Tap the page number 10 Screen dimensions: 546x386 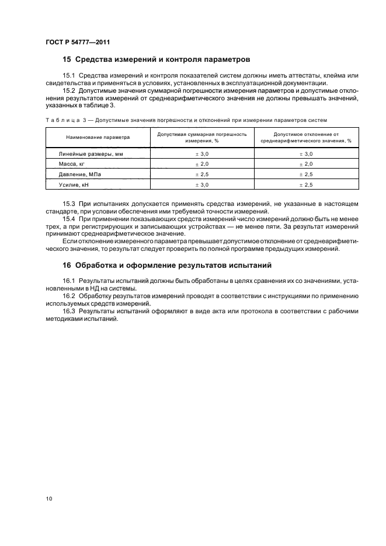(x=49, y=499)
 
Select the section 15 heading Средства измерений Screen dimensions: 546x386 (x=156, y=60)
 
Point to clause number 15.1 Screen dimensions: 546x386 (x=69, y=76)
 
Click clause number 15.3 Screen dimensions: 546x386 (x=69, y=204)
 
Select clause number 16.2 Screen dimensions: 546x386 (x=69, y=296)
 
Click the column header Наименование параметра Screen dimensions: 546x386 (x=98, y=137)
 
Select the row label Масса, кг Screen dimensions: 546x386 (x=72, y=164)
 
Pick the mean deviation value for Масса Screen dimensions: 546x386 (x=306, y=164)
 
